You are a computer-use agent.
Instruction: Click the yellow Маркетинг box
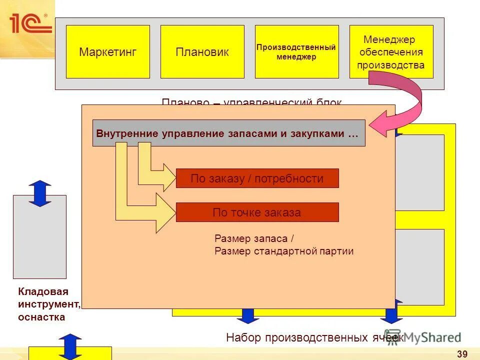coord(107,52)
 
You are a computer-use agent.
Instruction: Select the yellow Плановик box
coord(202,52)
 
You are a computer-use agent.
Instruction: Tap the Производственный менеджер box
coord(296,52)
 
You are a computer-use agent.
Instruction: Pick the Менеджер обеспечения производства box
coord(391,52)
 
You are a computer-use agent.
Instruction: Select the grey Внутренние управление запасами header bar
coord(228,133)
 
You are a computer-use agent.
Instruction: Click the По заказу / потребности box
coord(257,178)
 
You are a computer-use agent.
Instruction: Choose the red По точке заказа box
coord(257,212)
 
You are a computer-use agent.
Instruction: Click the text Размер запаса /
coord(251,238)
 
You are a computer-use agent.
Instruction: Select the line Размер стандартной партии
coord(284,251)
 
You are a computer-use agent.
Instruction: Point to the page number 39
coord(462,354)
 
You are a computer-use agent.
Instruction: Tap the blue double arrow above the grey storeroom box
coord(40,193)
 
